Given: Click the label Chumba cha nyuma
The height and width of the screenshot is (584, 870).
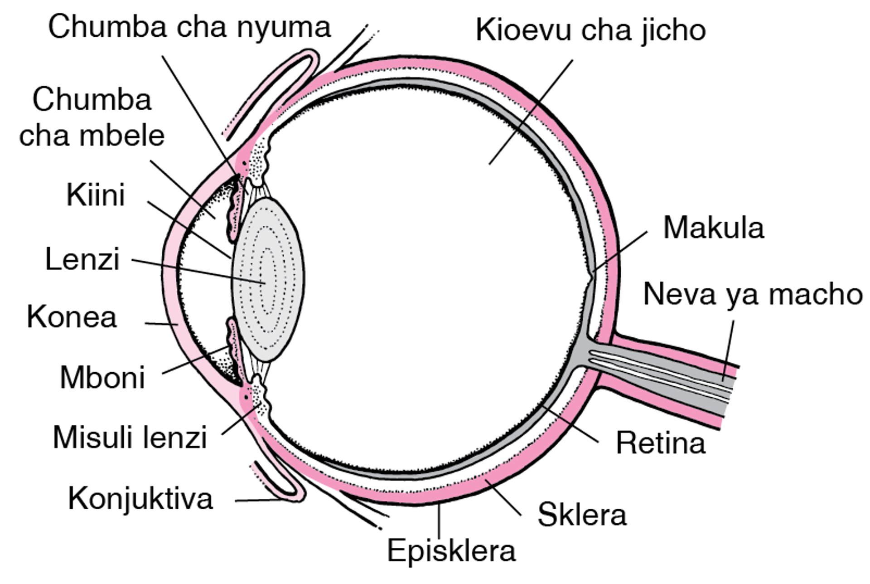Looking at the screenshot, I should (189, 27).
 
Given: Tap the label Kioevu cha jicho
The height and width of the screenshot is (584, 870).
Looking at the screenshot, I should (590, 30).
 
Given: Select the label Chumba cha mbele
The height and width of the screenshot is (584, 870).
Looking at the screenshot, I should (92, 117).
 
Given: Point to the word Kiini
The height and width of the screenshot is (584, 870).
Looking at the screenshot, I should (96, 195).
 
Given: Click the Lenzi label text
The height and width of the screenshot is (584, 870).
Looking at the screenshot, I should (82, 259).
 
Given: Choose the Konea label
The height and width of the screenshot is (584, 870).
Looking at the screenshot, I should (72, 316).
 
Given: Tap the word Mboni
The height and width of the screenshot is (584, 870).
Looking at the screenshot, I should (102, 377).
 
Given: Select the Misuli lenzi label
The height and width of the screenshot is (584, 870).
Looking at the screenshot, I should (130, 437).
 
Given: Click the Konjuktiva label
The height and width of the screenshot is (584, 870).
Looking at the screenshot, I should (140, 498).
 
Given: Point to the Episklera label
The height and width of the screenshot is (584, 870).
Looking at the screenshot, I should (451, 550).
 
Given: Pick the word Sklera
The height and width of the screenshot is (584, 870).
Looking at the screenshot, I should (582, 514).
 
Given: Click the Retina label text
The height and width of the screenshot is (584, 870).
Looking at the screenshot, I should (661, 443).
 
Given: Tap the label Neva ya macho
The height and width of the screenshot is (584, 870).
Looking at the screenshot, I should (753, 294).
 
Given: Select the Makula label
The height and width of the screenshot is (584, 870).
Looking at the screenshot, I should (714, 227).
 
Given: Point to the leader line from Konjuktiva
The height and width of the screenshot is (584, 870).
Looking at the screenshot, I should (258, 501).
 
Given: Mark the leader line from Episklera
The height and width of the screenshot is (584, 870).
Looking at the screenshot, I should (439, 521).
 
